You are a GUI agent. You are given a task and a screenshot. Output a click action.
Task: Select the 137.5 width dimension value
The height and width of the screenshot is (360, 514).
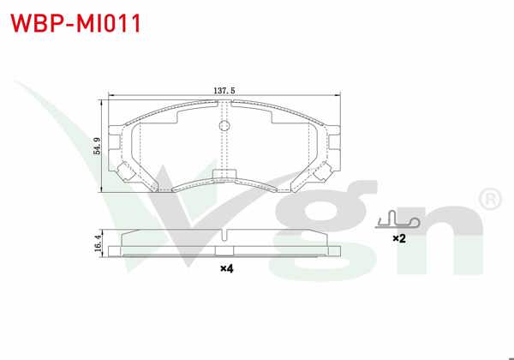pos(224,89)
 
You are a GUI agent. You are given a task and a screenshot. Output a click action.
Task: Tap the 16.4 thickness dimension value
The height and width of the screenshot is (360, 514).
pos(99,243)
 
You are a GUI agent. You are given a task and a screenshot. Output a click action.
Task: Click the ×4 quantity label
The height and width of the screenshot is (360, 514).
pos(226,269)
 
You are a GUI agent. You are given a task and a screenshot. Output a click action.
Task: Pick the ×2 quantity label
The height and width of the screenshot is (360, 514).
pos(398,238)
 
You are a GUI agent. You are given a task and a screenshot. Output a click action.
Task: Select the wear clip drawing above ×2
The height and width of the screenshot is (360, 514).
pos(397,221)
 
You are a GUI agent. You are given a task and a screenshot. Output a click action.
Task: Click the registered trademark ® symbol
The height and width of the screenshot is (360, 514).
pos(488,200)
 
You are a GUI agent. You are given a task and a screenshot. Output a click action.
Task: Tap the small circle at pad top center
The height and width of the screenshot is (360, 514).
pos(225,126)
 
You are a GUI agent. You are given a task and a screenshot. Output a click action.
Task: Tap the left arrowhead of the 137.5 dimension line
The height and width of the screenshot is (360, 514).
pos(110,95)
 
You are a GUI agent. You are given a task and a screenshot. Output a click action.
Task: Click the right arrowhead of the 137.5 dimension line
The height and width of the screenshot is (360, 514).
pos(339,95)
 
